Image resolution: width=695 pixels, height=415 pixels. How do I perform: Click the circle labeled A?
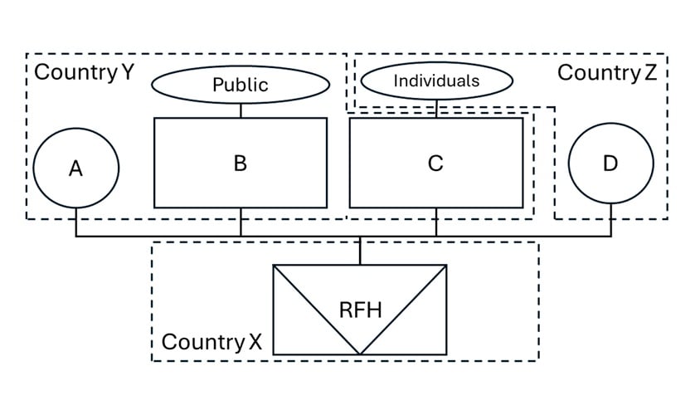click(75, 168)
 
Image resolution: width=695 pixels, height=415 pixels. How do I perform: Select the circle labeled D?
click(610, 164)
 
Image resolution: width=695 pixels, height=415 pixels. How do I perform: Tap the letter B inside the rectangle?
click(241, 163)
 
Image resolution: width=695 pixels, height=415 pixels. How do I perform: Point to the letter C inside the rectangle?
click(435, 164)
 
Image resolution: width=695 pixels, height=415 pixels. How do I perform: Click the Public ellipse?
click(241, 84)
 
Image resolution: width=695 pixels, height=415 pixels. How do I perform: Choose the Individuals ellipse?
click(436, 81)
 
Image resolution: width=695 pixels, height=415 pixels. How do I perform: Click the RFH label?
click(360, 310)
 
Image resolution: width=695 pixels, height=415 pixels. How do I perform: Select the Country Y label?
click(83, 72)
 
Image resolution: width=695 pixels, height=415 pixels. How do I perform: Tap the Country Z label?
click(606, 72)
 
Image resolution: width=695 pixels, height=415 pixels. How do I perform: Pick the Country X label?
click(211, 342)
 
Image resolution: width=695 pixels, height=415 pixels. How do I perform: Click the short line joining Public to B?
click(241, 110)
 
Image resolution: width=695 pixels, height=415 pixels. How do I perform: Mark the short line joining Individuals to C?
click(436, 108)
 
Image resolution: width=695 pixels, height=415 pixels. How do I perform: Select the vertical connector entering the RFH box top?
click(360, 251)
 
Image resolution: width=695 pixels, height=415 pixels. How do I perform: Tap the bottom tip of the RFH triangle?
click(360, 353)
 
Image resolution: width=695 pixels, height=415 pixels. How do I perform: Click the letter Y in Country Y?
click(127, 72)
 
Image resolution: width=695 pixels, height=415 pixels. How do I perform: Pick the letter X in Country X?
click(255, 342)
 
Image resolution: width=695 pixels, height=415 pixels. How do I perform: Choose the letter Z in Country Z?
click(649, 72)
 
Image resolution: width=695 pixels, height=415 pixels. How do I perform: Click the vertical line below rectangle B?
click(241, 222)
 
